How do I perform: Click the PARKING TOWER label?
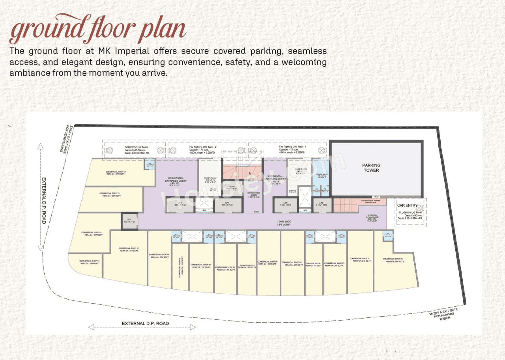371,168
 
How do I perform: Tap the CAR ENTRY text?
407,205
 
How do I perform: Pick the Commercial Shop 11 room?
159,256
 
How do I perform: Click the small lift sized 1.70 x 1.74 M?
129,221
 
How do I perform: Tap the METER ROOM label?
209,178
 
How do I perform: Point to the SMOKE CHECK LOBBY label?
254,195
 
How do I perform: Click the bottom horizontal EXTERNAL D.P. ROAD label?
145,323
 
